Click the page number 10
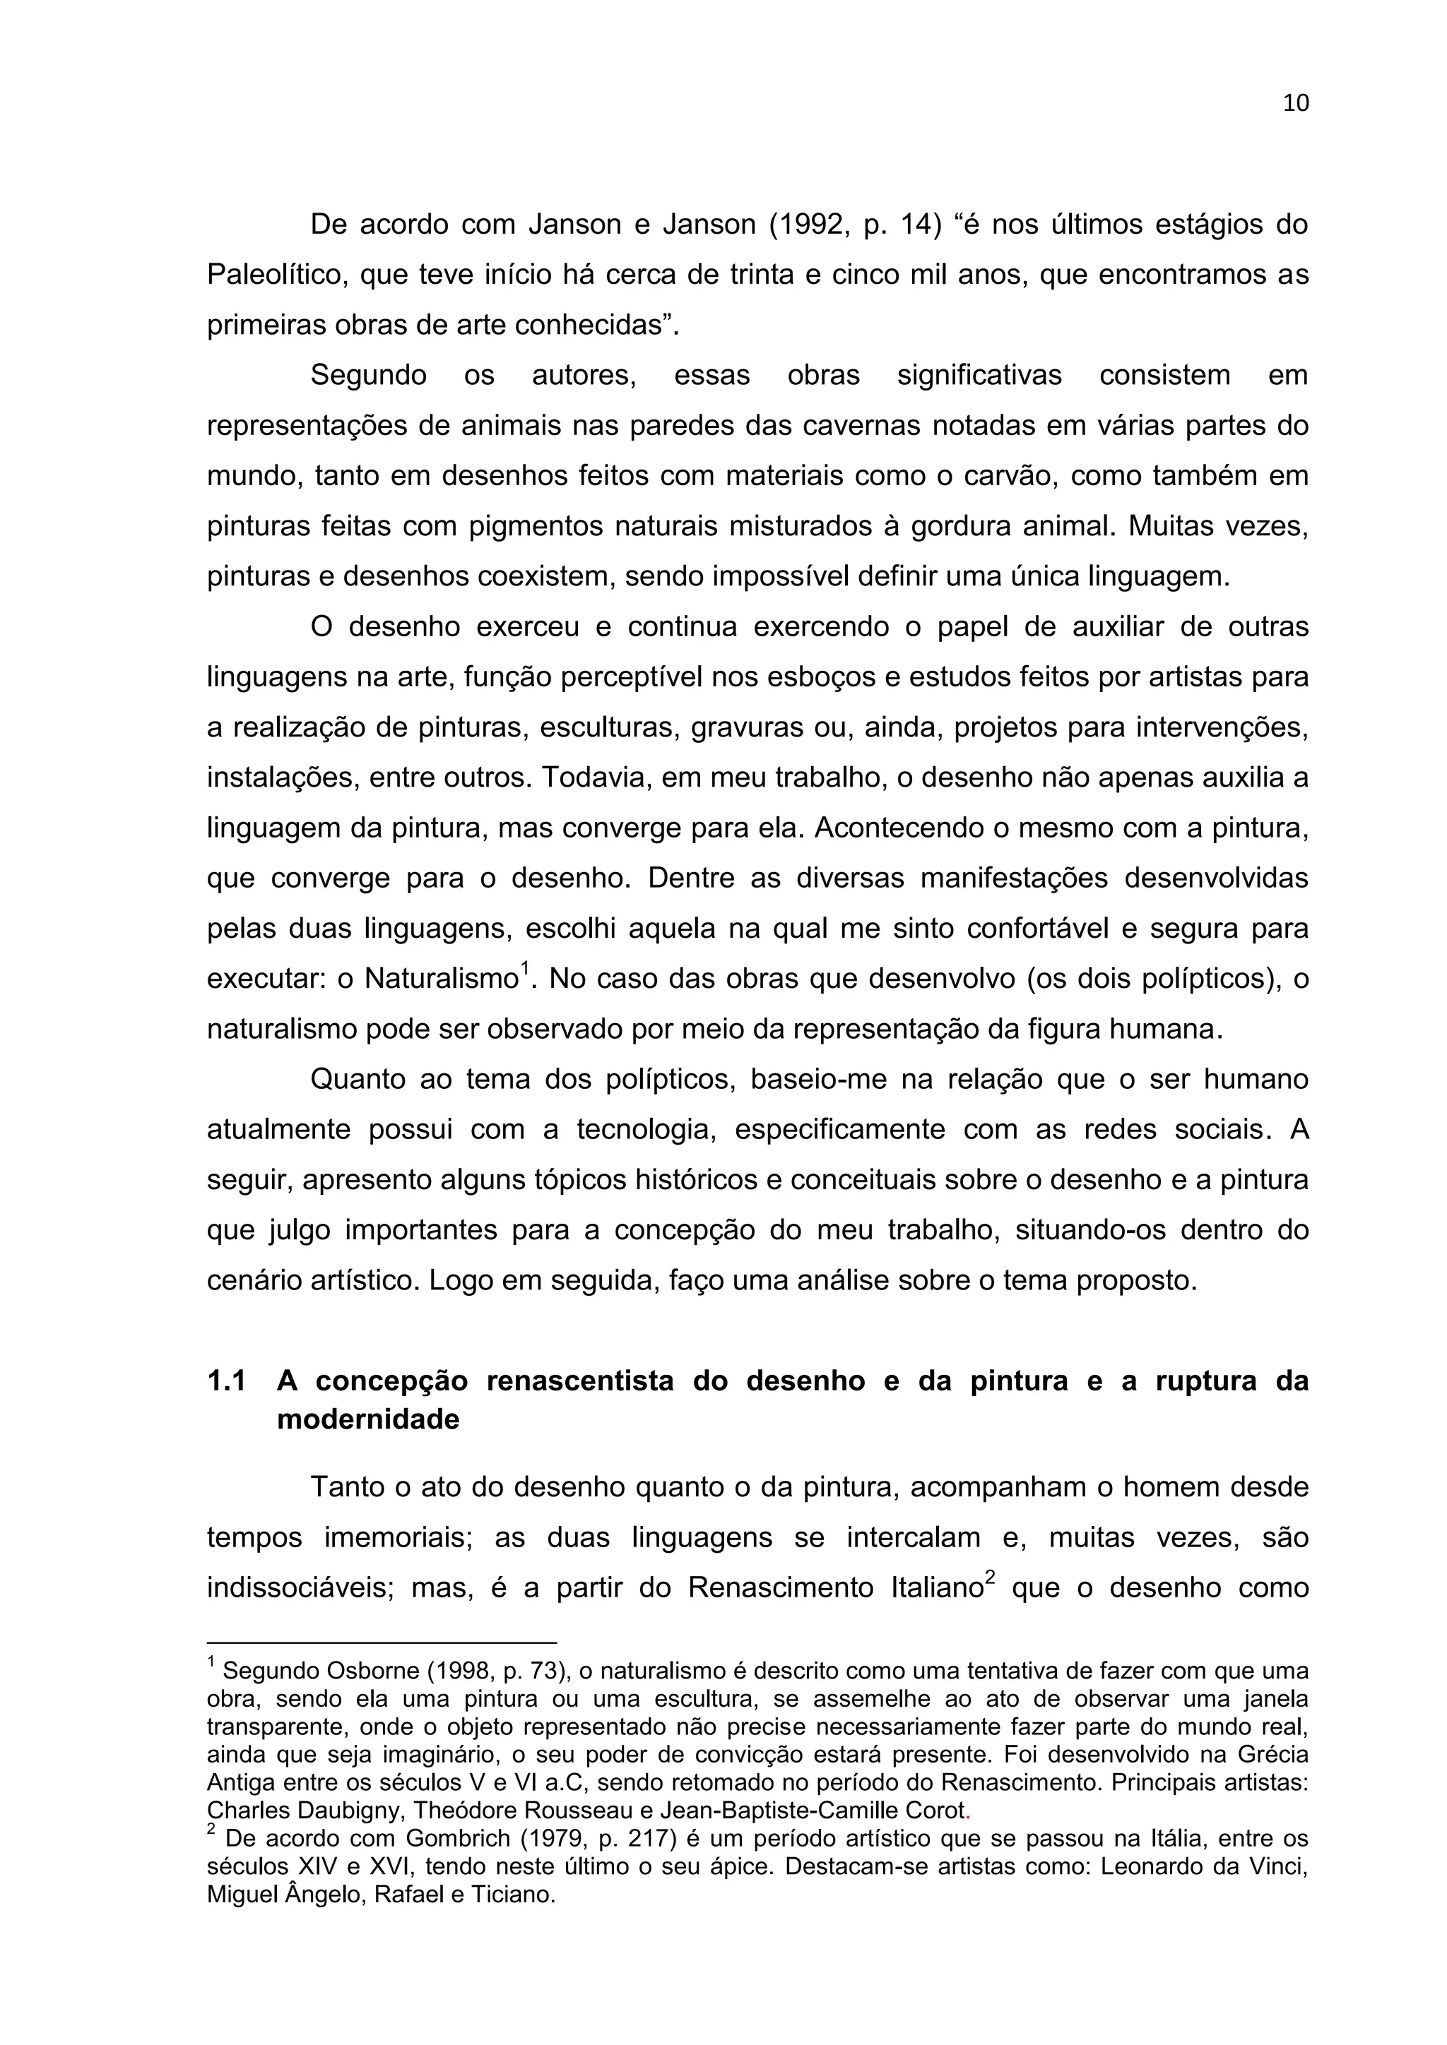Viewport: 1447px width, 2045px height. pos(1296,103)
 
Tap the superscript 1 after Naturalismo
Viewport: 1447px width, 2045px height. pos(525,967)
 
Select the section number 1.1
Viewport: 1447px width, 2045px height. pos(226,1381)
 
